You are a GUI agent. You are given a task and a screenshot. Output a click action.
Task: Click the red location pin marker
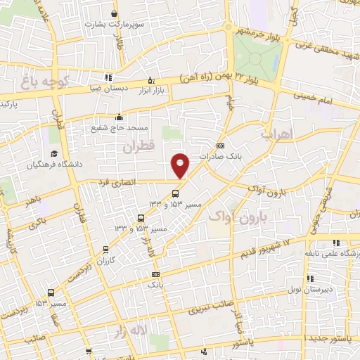(x=181, y=165)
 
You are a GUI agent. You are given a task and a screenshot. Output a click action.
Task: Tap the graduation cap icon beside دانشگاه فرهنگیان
(x=53, y=153)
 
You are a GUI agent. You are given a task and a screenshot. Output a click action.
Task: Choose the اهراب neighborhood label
(x=275, y=134)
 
